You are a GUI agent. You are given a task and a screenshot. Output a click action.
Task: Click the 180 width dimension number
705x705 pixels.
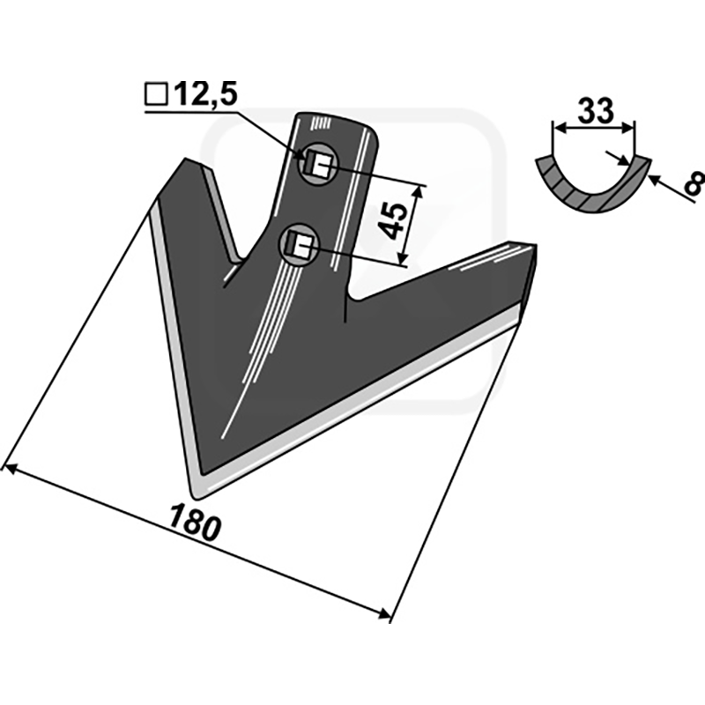pos(196,523)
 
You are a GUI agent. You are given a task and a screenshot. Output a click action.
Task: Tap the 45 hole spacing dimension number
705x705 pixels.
pos(392,220)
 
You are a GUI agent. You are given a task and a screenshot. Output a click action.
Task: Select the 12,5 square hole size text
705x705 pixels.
pos(205,94)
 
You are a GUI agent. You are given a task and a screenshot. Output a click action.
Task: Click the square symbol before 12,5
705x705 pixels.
pos(157,95)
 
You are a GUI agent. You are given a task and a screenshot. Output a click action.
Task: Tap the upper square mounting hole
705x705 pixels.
pos(320,165)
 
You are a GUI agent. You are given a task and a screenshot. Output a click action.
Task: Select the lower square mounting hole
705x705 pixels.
pos(300,245)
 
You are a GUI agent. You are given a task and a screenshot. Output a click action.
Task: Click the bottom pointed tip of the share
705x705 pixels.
pos(197,496)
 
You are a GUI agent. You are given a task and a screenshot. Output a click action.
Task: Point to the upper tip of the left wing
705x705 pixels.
pos(185,159)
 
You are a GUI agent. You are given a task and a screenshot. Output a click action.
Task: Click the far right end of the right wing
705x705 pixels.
pos(536,246)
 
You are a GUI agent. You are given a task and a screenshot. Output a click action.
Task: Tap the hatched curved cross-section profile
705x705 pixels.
pos(593,186)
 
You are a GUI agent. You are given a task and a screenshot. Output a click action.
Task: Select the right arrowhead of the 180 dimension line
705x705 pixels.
pos(383,613)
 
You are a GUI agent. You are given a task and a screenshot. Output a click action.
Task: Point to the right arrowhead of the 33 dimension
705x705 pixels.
pos(629,129)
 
